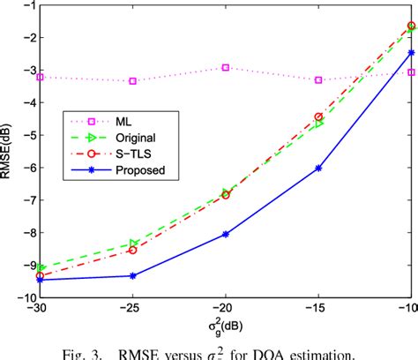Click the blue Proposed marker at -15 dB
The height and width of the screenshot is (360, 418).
tap(318, 168)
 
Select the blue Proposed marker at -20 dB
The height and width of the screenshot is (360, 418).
tap(226, 234)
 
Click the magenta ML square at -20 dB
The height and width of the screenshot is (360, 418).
tap(226, 67)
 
